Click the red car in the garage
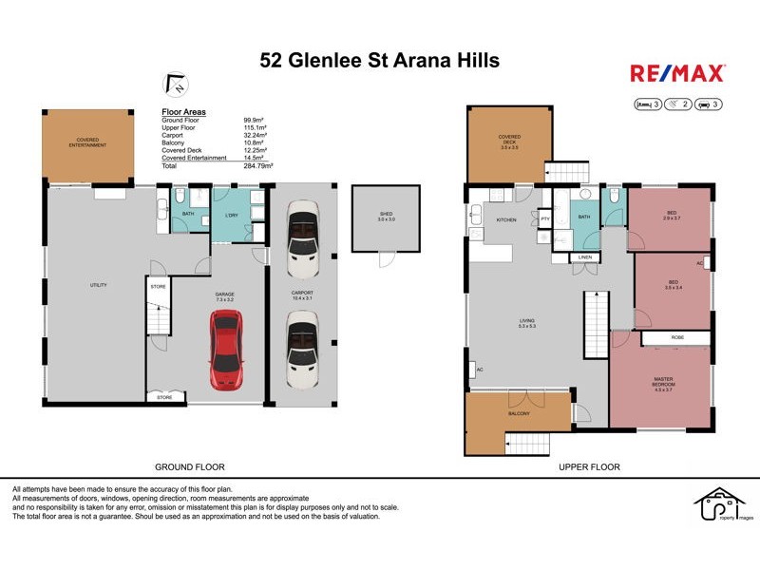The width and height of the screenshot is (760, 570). pyautogui.click(x=225, y=351)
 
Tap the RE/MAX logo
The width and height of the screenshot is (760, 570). pyautogui.click(x=677, y=73)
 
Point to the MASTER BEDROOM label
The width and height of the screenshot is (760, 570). pyautogui.click(x=663, y=383)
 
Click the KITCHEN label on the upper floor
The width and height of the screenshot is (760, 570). pyautogui.click(x=505, y=219)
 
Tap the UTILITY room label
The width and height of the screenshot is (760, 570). pyautogui.click(x=98, y=285)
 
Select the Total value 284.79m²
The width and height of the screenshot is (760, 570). pyautogui.click(x=258, y=165)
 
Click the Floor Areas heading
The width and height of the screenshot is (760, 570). pyautogui.click(x=184, y=112)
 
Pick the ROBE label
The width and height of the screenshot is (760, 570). pyautogui.click(x=675, y=337)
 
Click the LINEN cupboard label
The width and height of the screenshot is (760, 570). pyautogui.click(x=584, y=257)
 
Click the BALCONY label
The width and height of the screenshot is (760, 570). pyautogui.click(x=518, y=414)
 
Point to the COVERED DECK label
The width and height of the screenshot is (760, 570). pyautogui.click(x=509, y=140)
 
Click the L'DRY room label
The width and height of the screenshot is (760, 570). pyautogui.click(x=230, y=216)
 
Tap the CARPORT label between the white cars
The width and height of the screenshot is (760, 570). pyautogui.click(x=302, y=294)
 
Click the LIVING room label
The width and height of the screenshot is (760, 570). pyautogui.click(x=526, y=321)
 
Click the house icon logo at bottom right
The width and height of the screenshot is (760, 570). pyautogui.click(x=718, y=509)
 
